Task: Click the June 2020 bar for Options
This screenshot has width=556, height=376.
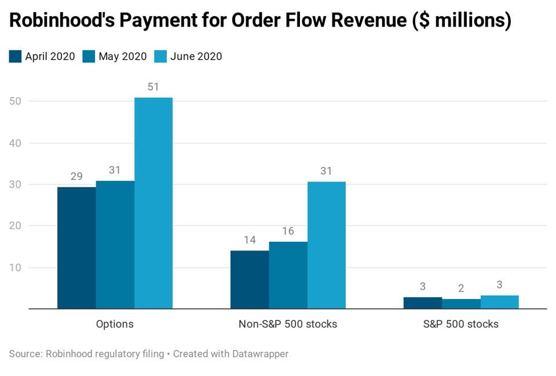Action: [x=153, y=203]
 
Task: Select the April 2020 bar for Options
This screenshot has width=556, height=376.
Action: [x=76, y=248]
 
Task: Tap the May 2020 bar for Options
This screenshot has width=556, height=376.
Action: [x=115, y=245]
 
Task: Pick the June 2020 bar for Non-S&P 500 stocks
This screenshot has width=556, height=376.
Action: [x=327, y=245]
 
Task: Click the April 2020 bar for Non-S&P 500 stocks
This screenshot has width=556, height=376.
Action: [x=250, y=279]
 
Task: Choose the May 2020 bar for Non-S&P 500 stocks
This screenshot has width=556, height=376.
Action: [x=288, y=275]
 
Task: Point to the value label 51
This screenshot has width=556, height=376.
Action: [x=153, y=87]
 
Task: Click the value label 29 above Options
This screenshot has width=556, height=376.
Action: [x=76, y=176]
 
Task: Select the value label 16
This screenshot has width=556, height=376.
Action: [x=288, y=231]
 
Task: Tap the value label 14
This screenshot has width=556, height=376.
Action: [x=250, y=240]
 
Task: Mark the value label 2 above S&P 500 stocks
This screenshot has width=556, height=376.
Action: [x=461, y=288]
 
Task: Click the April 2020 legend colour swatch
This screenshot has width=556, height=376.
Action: [x=15, y=57]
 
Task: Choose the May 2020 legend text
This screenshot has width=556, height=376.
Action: [x=122, y=57]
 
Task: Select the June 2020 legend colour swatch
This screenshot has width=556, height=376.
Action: [x=160, y=57]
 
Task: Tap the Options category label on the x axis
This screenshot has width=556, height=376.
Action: [x=115, y=324]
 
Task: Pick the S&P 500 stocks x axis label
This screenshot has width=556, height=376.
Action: [x=461, y=324]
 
